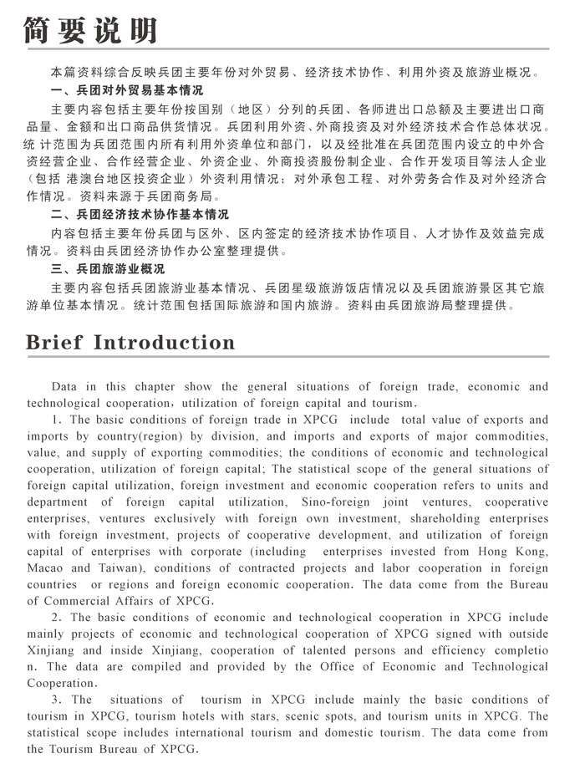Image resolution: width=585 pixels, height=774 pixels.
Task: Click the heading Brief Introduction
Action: (x=130, y=344)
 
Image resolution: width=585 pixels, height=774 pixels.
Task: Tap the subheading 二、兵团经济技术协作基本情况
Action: (x=140, y=215)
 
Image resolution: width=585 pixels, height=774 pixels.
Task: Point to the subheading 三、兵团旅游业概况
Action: (x=109, y=269)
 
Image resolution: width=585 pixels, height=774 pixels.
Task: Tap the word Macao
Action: (x=47, y=568)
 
